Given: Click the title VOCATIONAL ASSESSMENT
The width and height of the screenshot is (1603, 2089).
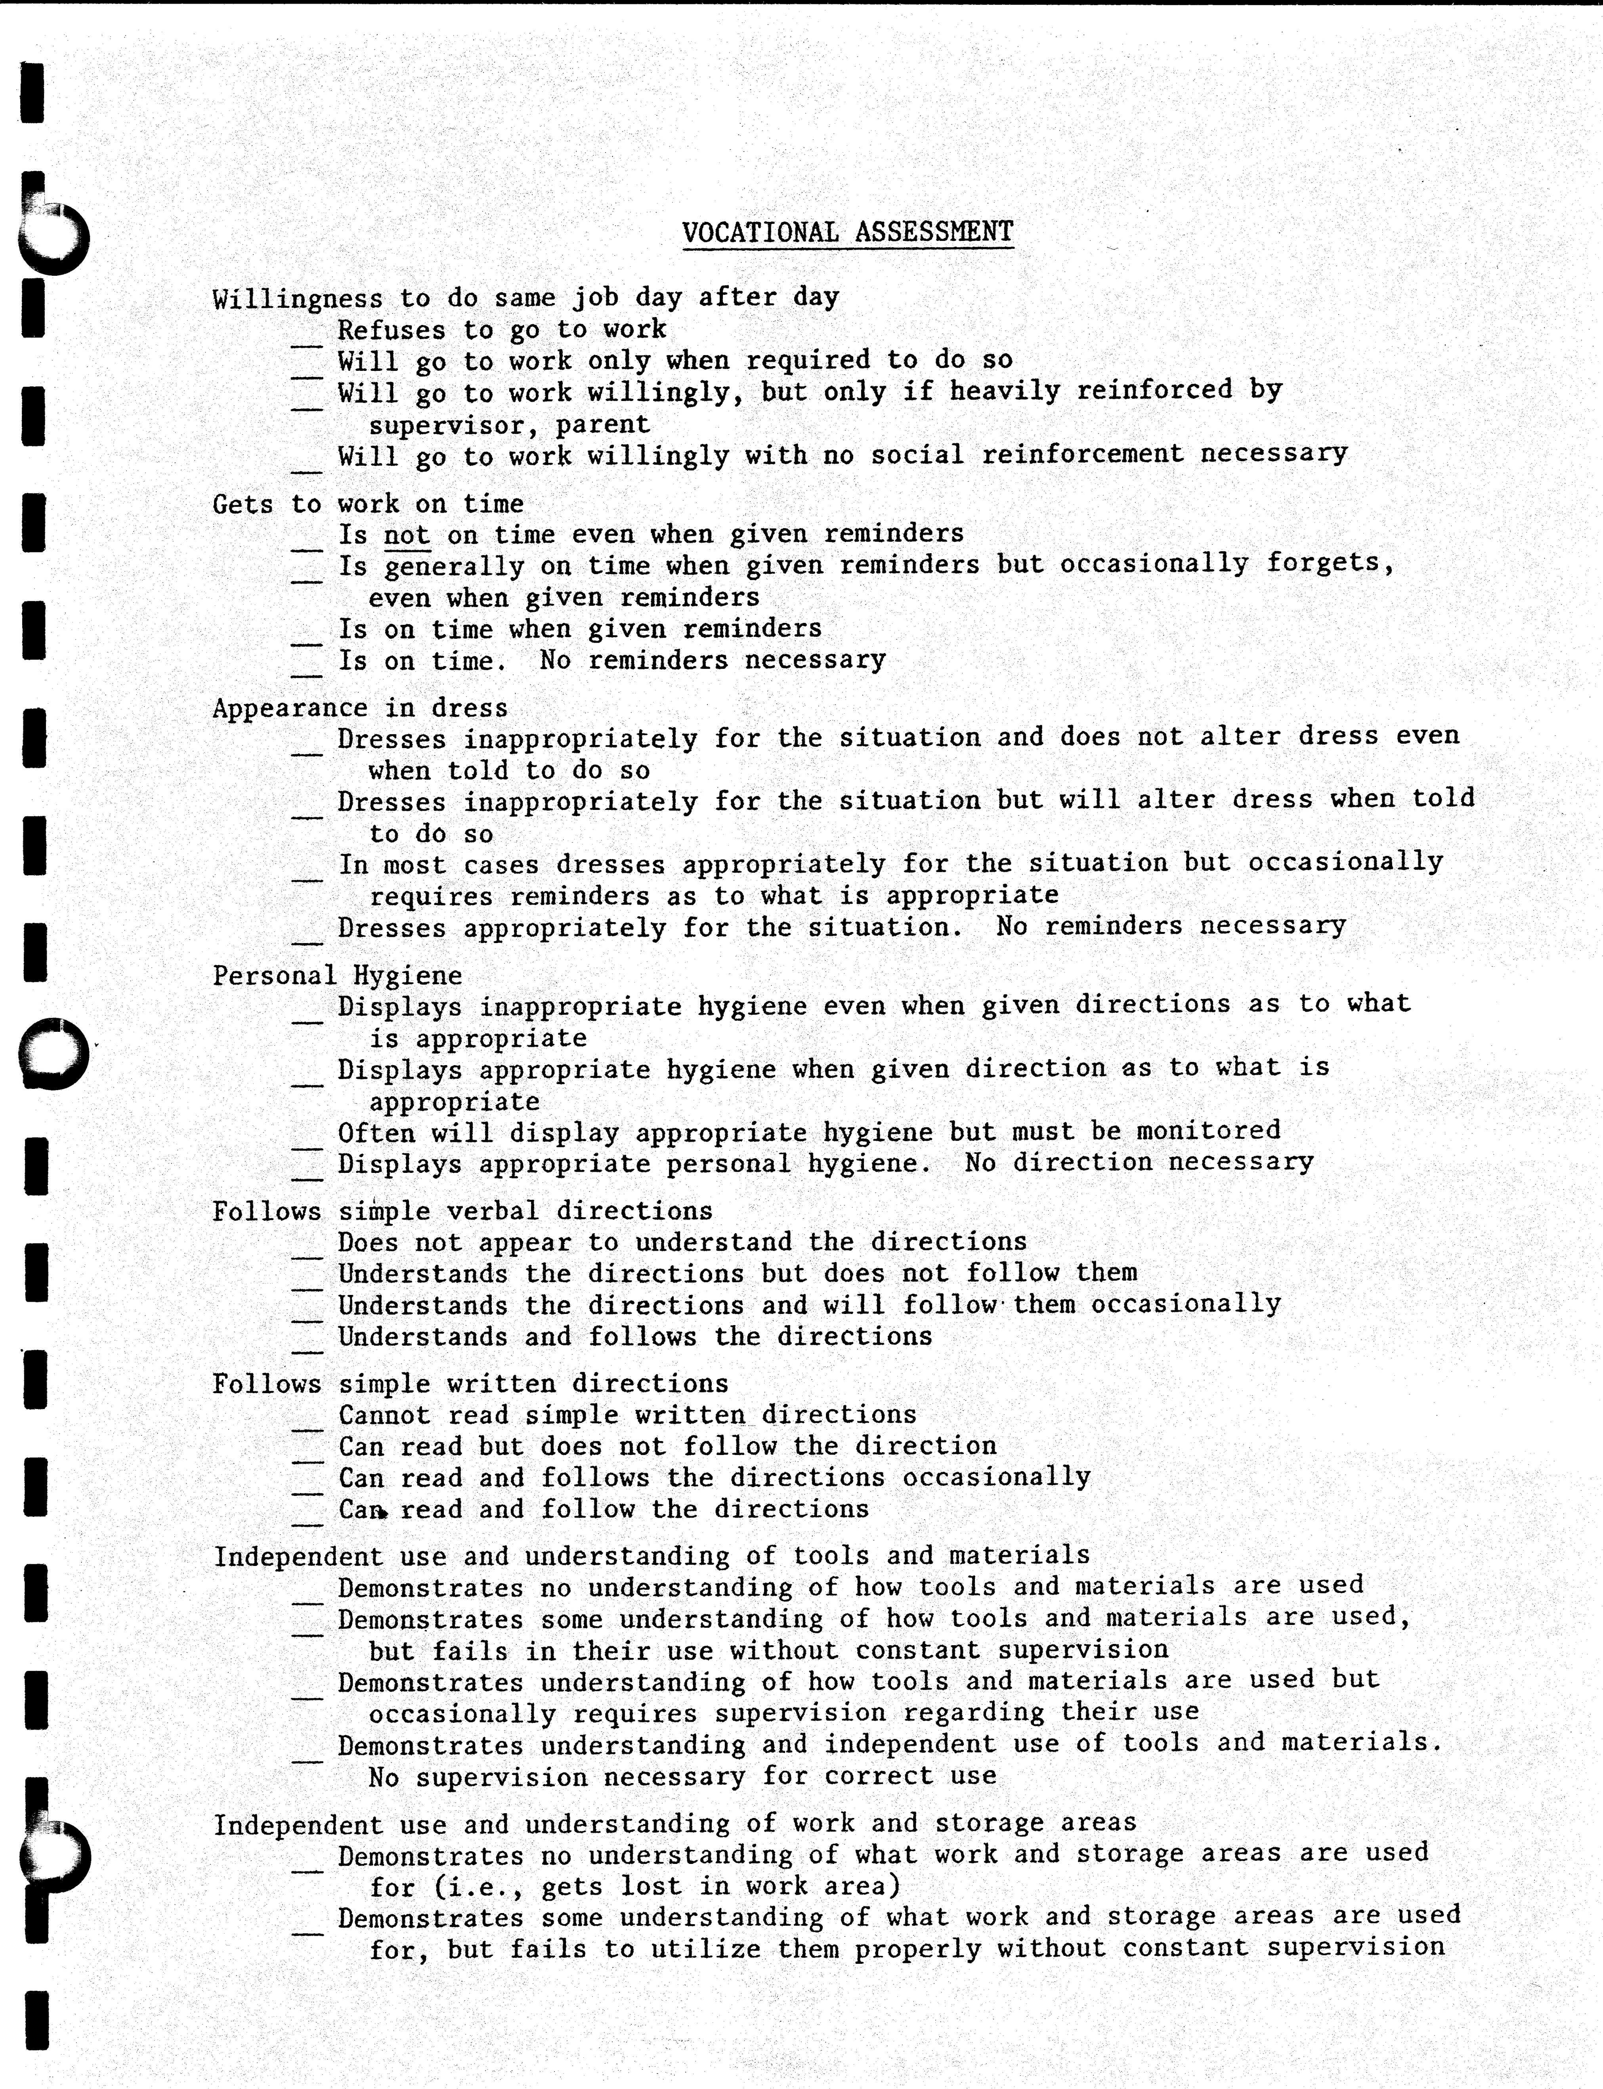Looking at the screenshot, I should pyautogui.click(x=847, y=232).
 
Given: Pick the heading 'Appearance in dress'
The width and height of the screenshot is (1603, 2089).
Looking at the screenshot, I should pyautogui.click(x=360, y=708).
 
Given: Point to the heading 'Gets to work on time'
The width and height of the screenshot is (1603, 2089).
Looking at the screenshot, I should pyautogui.click(x=367, y=504).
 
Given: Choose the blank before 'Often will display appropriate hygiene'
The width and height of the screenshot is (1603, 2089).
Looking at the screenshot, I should pyautogui.click(x=306, y=1145).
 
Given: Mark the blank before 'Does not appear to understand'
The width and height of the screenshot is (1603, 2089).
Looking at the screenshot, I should pyautogui.click(x=306, y=1255).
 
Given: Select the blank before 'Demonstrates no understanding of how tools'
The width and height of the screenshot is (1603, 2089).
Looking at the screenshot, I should pyautogui.click(x=306, y=1600).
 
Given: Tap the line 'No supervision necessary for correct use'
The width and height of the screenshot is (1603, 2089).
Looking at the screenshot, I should pyautogui.click(x=682, y=1776).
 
